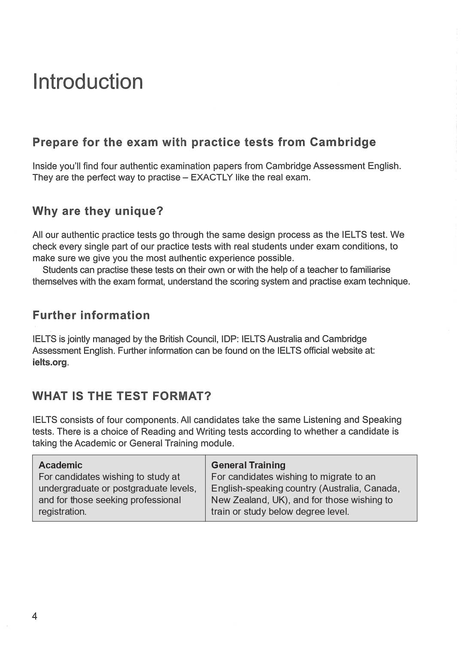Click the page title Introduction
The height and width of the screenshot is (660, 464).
click(88, 82)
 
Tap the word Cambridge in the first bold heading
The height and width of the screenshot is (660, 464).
click(343, 142)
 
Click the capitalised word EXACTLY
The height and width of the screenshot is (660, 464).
click(211, 177)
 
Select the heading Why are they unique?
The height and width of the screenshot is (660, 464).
click(98, 211)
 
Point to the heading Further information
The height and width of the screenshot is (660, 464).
click(91, 315)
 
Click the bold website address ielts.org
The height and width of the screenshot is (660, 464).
click(50, 362)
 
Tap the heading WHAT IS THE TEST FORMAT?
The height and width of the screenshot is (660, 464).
click(122, 396)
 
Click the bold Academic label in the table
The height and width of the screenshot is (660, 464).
click(61, 465)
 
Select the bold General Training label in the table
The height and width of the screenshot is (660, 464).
click(248, 465)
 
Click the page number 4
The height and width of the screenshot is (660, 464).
click(35, 616)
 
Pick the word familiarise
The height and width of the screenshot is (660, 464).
click(370, 270)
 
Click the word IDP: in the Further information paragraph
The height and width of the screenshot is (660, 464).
click(230, 339)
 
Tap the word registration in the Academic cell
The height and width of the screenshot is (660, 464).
click(61, 511)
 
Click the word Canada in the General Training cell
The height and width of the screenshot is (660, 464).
click(381, 488)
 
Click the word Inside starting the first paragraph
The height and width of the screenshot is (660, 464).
click(45, 166)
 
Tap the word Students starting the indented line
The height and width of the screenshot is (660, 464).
click(60, 270)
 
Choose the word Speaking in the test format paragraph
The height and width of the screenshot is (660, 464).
click(382, 419)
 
